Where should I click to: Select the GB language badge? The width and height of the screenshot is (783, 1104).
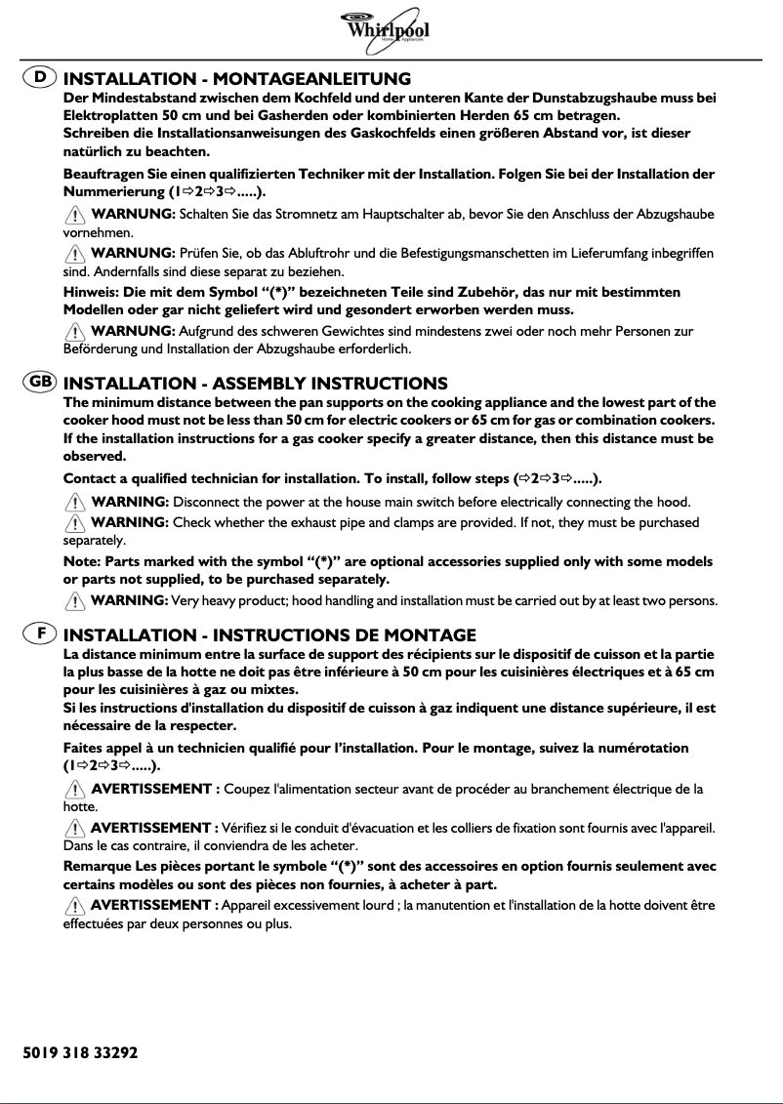point(40,383)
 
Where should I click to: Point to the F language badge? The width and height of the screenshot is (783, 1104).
point(40,634)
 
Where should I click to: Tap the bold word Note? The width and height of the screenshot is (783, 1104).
point(81,561)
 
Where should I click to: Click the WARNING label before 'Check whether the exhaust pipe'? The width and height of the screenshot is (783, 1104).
point(130,522)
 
